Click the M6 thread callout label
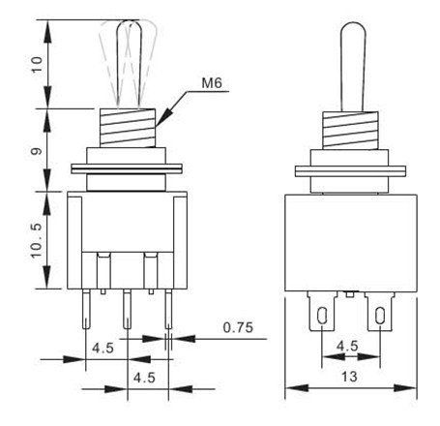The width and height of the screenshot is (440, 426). click(212, 83)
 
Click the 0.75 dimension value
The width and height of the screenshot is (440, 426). click(238, 327)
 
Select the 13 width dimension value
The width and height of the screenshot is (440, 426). click(349, 377)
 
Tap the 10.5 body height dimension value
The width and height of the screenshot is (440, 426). click(37, 240)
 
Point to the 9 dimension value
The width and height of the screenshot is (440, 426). click(37, 151)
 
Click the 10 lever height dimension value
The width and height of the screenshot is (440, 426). click(37, 65)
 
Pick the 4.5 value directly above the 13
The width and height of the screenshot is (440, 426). click(347, 346)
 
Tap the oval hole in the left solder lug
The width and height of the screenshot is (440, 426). click(322, 316)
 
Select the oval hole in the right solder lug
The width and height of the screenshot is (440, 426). click(380, 316)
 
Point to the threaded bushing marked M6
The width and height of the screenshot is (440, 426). click(128, 128)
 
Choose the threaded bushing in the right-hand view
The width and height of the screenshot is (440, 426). click(350, 130)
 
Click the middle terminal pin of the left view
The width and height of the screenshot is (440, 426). click(128, 309)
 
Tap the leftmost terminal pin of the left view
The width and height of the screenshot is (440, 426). click(86, 309)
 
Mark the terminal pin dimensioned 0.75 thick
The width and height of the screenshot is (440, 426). click(168, 309)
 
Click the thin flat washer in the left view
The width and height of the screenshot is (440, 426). click(127, 169)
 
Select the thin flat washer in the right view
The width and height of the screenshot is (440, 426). click(350, 171)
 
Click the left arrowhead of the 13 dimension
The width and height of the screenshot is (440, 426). click(297, 387)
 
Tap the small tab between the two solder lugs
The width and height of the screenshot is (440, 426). click(350, 294)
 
